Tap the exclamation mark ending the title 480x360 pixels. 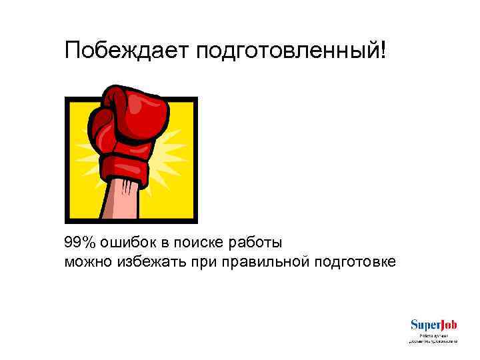[x=382, y=50]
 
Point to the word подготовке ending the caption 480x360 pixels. [x=354, y=261]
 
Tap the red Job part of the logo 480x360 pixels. [x=447, y=325]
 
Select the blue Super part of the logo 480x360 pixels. [x=423, y=325]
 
